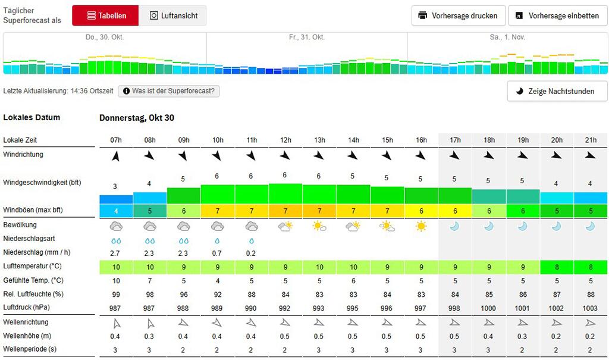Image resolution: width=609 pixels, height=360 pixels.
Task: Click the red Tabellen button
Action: click(105, 15)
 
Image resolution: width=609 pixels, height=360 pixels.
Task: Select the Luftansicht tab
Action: click(173, 15)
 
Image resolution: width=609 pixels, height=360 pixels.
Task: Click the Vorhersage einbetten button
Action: click(558, 15)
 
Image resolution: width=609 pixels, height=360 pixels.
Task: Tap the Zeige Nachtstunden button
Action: click(557, 92)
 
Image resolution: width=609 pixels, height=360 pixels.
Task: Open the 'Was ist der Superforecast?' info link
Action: click(169, 91)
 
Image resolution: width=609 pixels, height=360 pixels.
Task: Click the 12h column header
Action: click(285, 140)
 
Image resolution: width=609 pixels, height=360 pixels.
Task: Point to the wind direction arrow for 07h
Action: click(116, 156)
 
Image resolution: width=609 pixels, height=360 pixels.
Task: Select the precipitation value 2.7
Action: click(115, 253)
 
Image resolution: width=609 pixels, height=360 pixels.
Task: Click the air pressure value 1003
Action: click(590, 308)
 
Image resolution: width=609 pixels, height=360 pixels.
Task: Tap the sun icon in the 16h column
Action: click(420, 226)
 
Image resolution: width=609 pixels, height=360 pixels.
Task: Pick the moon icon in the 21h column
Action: click(590, 226)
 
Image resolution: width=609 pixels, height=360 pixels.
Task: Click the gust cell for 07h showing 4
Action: click(116, 211)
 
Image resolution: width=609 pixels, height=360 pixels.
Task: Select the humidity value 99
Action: click(116, 295)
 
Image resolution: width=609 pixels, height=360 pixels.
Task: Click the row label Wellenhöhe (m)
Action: click(27, 336)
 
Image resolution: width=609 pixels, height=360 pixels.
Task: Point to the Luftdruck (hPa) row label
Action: click(26, 308)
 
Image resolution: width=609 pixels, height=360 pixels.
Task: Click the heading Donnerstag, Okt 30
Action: click(137, 118)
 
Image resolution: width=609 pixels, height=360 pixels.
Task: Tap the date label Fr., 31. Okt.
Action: click(307, 37)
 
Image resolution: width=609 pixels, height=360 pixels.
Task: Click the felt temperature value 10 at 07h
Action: click(116, 281)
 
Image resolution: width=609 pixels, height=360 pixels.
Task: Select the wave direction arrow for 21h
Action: click(591, 323)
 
